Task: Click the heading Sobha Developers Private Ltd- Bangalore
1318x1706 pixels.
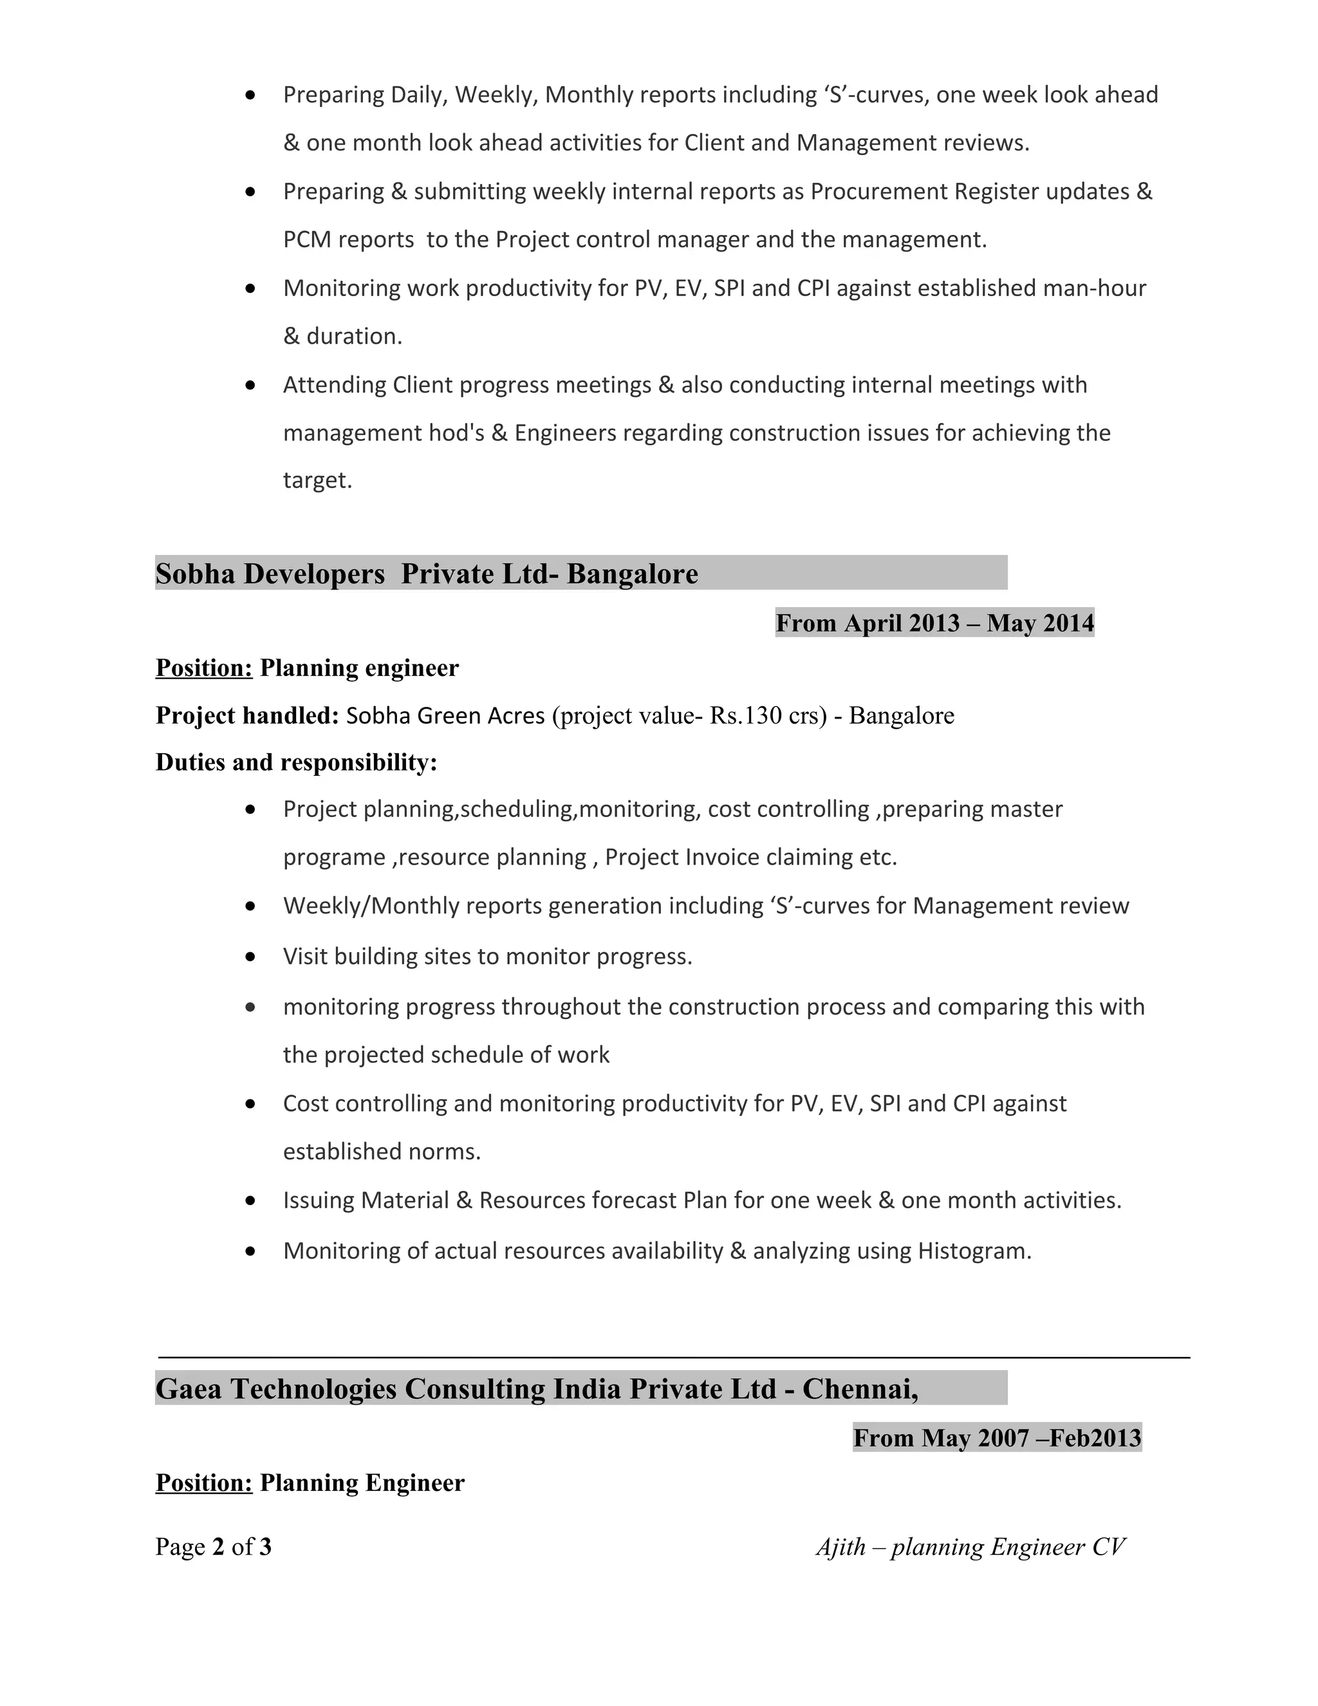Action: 426,574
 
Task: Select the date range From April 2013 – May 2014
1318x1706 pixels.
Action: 934,623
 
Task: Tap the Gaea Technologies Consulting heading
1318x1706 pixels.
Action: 537,1388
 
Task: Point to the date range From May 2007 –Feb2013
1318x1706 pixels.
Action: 996,1438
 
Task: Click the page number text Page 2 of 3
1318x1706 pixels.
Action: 213,1546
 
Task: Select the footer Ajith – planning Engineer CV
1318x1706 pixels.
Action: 970,1546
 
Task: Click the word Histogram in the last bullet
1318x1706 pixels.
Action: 974,1251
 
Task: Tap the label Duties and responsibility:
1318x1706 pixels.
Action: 296,762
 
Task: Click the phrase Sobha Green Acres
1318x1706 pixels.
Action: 445,715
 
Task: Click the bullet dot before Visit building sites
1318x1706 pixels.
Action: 250,956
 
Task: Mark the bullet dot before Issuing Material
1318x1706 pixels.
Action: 250,1201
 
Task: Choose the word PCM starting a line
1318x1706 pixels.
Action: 307,240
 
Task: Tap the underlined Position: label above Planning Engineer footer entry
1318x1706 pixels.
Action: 204,1483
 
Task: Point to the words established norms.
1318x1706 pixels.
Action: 381,1152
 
